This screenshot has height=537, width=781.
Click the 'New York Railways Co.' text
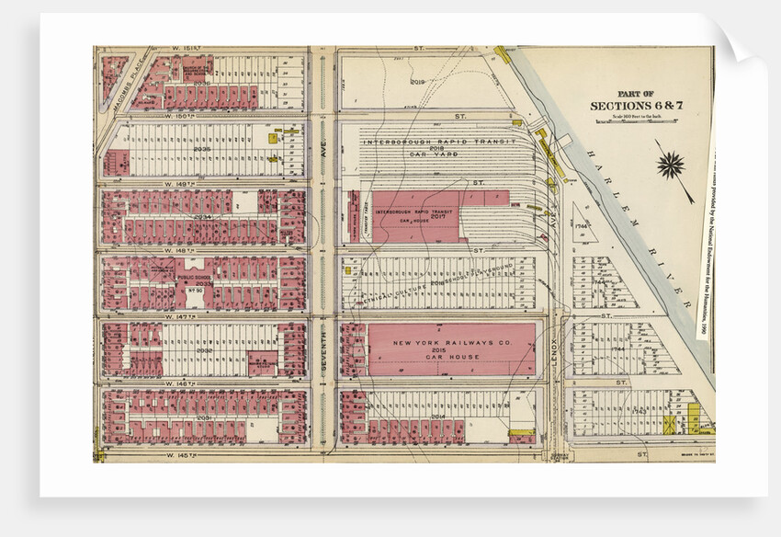(438, 343)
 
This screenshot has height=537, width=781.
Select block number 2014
(437, 417)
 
